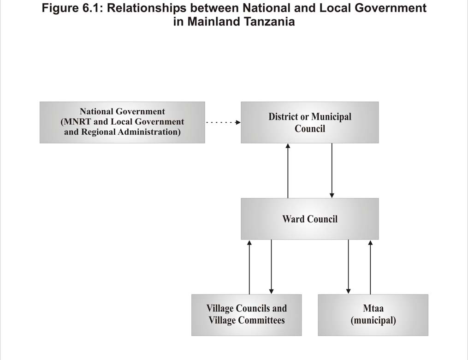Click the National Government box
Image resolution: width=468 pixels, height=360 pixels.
click(x=122, y=122)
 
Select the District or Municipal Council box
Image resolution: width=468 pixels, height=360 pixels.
click(x=310, y=122)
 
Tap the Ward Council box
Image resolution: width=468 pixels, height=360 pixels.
click(x=310, y=219)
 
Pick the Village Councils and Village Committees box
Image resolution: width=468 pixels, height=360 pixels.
click(x=247, y=315)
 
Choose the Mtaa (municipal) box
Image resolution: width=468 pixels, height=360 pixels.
click(x=373, y=315)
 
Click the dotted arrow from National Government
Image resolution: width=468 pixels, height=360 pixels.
click(x=223, y=122)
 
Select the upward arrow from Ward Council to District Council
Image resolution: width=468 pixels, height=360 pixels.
click(x=288, y=170)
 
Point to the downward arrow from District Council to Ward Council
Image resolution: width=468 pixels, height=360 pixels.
click(x=332, y=170)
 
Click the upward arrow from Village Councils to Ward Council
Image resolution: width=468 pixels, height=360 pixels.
click(x=249, y=267)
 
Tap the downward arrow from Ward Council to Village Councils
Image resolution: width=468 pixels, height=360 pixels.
click(x=271, y=267)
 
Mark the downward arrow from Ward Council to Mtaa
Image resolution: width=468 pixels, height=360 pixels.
click(x=348, y=267)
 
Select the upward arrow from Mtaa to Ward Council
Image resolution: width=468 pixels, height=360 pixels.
click(x=370, y=267)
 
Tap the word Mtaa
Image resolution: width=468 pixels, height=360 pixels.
click(x=373, y=308)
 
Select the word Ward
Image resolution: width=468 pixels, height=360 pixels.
click(x=294, y=219)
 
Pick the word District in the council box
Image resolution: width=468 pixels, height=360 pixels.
click(x=283, y=116)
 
